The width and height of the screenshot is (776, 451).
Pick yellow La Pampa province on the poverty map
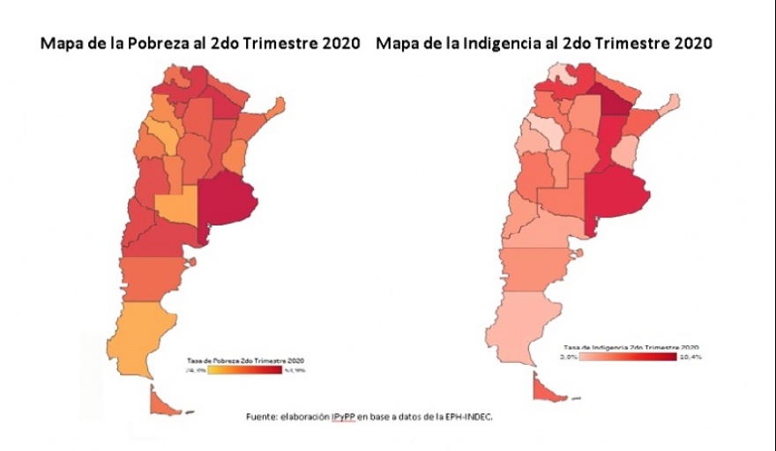175,208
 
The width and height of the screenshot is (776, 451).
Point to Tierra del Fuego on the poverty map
162,402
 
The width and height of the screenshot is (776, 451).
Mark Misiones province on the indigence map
671,105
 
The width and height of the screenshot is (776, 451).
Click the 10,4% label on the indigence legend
690,358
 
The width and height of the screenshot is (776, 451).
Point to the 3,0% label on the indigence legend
569,358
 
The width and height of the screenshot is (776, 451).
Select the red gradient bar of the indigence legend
629,358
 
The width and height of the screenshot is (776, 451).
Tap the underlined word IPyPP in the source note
345,416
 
